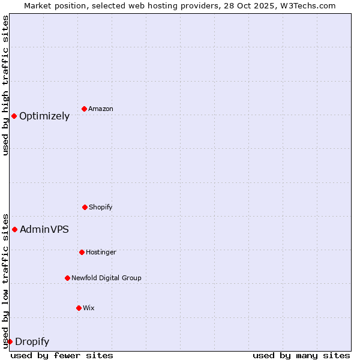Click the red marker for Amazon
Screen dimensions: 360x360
tap(85, 109)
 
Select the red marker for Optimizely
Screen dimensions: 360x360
tap(14, 116)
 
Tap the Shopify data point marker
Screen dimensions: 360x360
tap(85, 207)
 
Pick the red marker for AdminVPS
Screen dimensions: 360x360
tap(14, 229)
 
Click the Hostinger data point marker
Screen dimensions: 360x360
tap(82, 252)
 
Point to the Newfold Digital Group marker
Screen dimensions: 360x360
tap(67, 278)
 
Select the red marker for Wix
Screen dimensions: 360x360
tap(79, 308)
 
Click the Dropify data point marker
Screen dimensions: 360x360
tap(10, 341)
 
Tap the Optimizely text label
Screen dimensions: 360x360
tap(44, 116)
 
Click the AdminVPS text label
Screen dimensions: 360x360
tap(44, 229)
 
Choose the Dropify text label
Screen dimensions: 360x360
tap(32, 342)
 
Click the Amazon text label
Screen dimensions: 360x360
tap(101, 109)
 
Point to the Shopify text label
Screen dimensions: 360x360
tap(101, 208)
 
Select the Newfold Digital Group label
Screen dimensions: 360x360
tap(106, 278)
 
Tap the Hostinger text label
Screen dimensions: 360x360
tap(101, 253)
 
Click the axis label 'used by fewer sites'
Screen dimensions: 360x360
tap(62, 355)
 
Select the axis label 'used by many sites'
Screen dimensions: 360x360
tap(301, 355)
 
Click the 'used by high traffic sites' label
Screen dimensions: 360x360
tap(5, 85)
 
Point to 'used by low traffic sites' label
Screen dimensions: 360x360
tap(5, 280)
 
